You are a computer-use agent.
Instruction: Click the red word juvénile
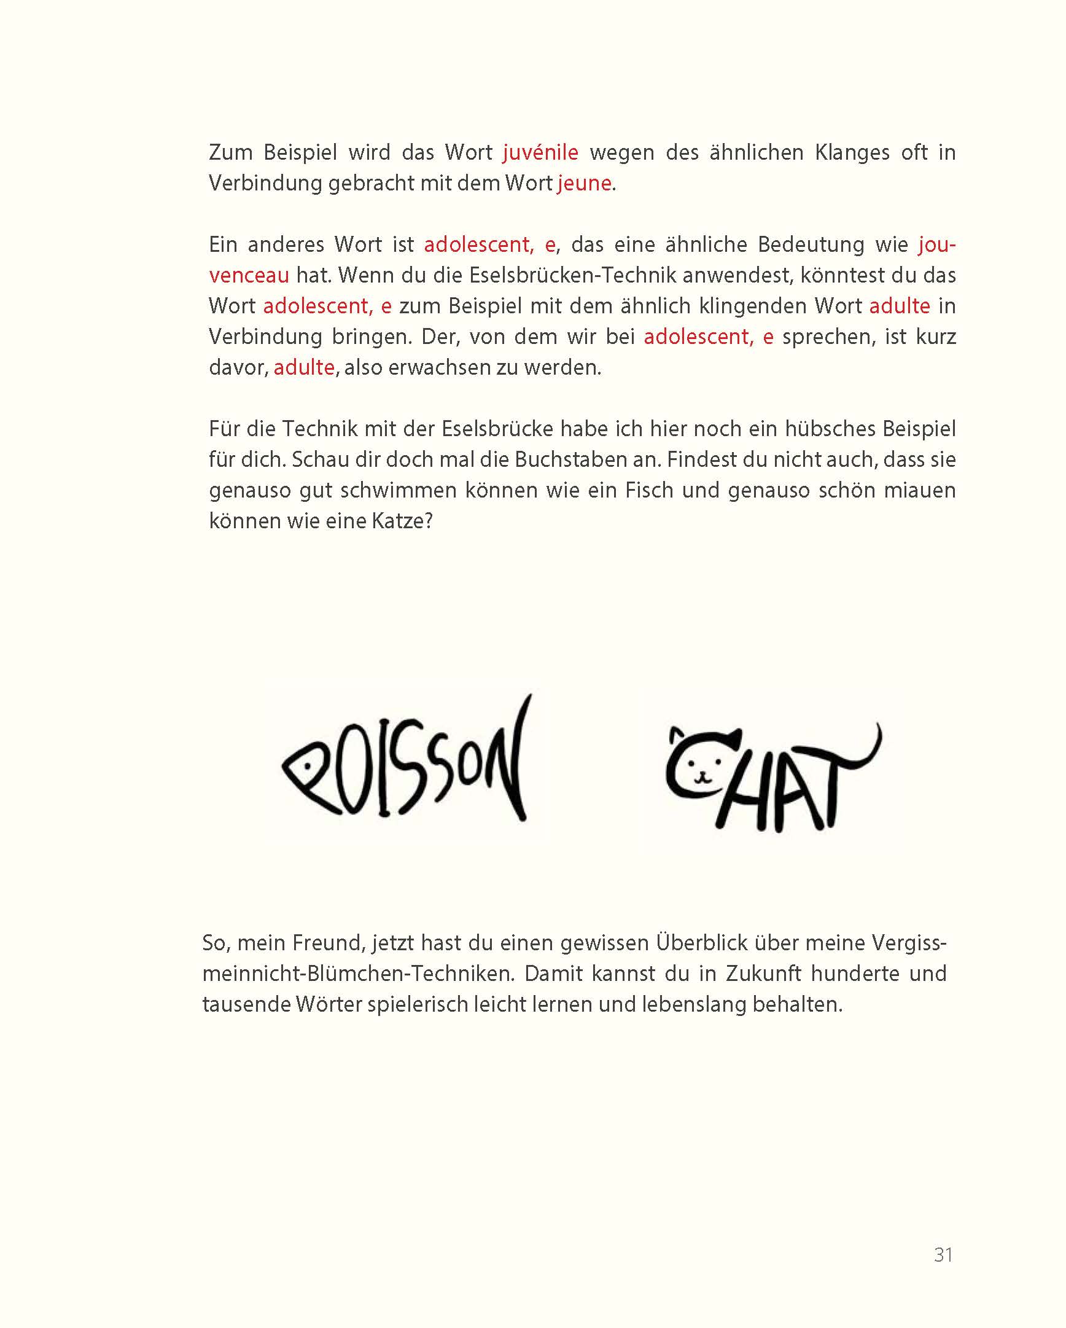click(540, 152)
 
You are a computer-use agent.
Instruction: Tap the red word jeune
click(584, 183)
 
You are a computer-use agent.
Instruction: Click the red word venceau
click(249, 275)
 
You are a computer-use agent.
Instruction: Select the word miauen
click(919, 490)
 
